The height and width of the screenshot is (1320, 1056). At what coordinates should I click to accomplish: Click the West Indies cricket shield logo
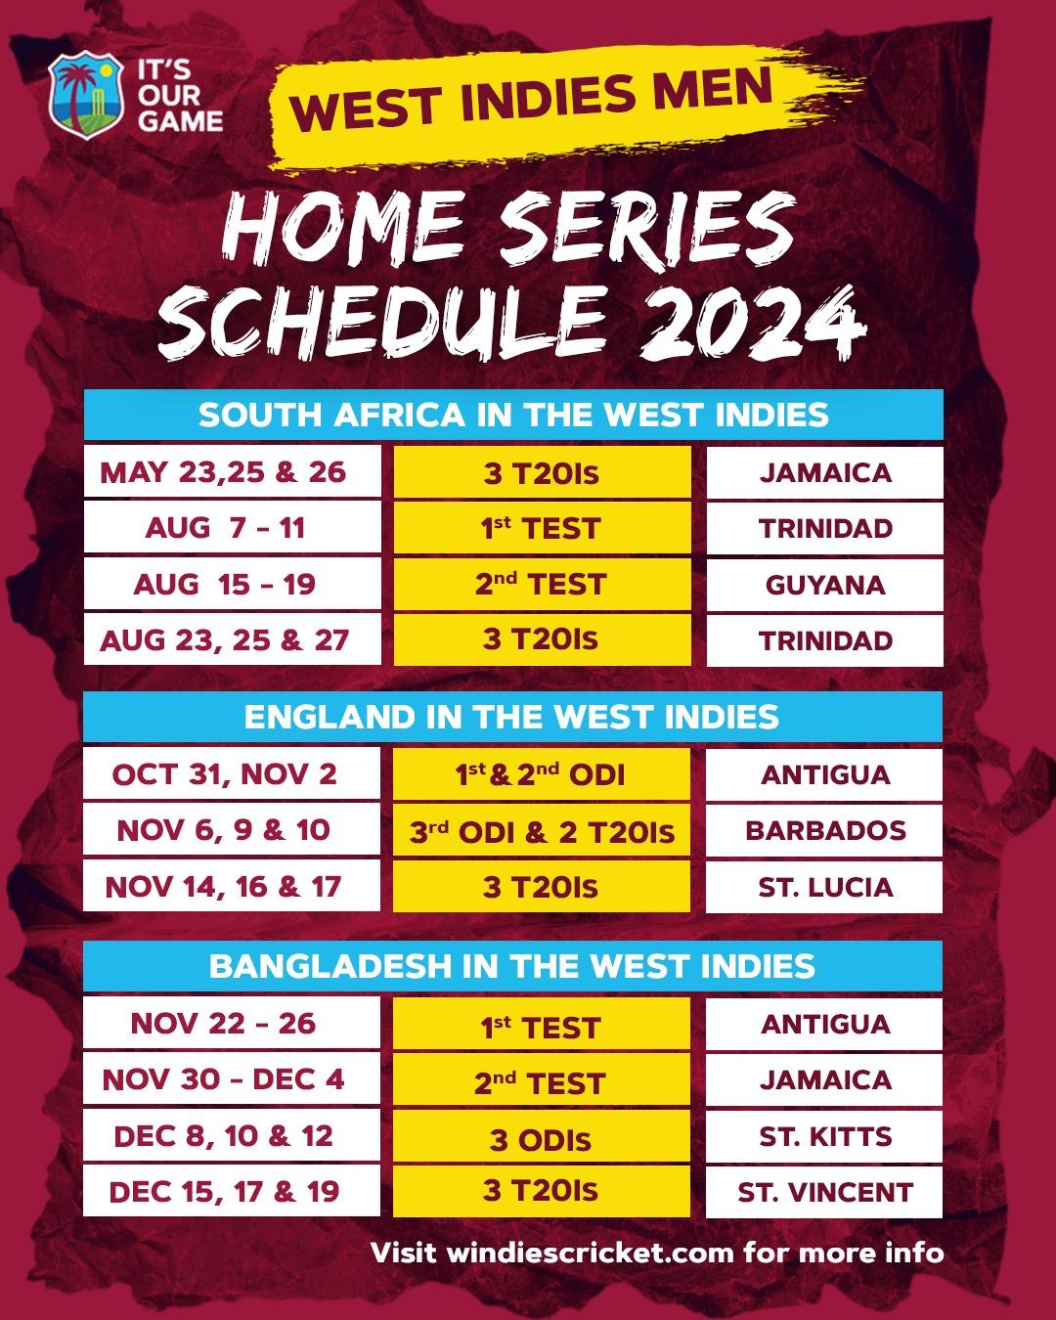(x=87, y=97)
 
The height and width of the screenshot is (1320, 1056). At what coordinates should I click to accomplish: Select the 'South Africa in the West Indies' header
(x=513, y=415)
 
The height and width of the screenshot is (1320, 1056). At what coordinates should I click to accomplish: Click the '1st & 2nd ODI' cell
(x=542, y=774)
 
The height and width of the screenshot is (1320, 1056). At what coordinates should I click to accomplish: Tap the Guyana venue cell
(x=824, y=585)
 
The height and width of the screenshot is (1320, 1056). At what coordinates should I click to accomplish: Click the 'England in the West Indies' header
(x=512, y=717)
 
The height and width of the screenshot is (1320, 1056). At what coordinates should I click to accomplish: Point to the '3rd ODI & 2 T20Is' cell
(x=542, y=831)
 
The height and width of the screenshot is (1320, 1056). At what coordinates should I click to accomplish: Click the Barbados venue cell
(x=824, y=831)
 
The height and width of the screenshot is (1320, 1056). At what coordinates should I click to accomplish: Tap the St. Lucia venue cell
(x=824, y=888)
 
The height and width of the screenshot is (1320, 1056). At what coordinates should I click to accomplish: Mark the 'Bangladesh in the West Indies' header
(x=512, y=966)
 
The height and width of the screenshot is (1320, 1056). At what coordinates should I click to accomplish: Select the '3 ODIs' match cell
(x=542, y=1139)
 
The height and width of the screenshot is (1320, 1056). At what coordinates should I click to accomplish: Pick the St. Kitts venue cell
(x=824, y=1136)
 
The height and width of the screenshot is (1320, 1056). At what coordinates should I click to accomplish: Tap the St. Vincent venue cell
(x=824, y=1192)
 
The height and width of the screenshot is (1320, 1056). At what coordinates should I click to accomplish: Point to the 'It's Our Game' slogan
(x=179, y=97)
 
